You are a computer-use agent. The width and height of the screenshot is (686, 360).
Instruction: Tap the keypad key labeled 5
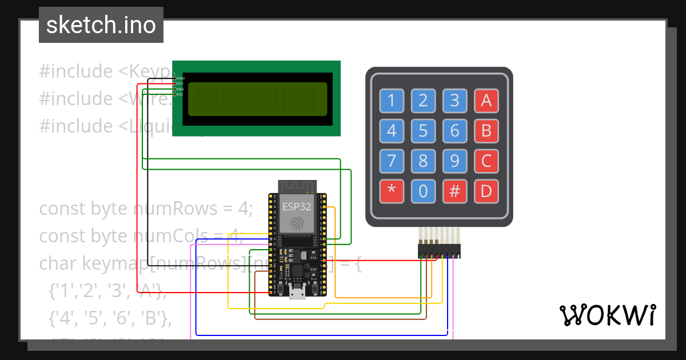423,131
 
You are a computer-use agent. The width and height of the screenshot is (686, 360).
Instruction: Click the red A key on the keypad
486,101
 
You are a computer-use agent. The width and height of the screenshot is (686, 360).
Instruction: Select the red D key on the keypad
486,191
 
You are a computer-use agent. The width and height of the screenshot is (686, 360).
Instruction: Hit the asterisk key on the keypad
392,191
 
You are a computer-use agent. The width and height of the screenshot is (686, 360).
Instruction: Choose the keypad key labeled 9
454,161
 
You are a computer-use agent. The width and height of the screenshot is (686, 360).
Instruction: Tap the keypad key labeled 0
423,191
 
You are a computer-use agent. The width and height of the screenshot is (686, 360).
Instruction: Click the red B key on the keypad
486,131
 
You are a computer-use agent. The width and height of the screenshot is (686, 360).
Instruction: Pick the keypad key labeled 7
392,161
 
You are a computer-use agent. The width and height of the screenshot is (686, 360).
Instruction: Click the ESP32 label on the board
297,207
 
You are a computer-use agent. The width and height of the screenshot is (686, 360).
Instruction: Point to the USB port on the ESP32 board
297,292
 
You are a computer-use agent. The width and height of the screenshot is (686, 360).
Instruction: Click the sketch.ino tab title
101,25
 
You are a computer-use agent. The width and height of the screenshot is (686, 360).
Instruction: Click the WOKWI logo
607,315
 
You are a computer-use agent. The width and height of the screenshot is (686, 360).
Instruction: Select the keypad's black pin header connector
439,251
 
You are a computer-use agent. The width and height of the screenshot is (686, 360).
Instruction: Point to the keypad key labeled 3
454,101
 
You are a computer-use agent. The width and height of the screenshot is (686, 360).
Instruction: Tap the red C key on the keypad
486,161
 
